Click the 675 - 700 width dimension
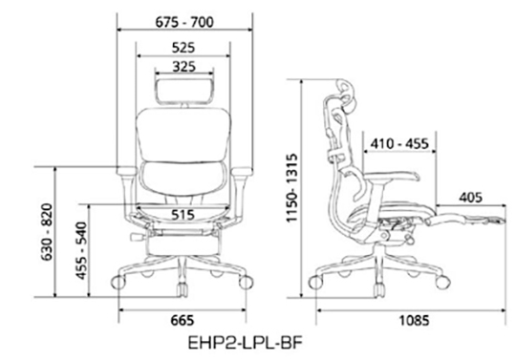184,22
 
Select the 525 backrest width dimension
183,48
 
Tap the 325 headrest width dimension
184,67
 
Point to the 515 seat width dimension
183,215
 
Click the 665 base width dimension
183,320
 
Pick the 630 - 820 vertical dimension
47,232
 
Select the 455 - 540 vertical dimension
81,251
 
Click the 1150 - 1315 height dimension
291,188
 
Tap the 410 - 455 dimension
399,143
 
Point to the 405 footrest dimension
470,198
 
